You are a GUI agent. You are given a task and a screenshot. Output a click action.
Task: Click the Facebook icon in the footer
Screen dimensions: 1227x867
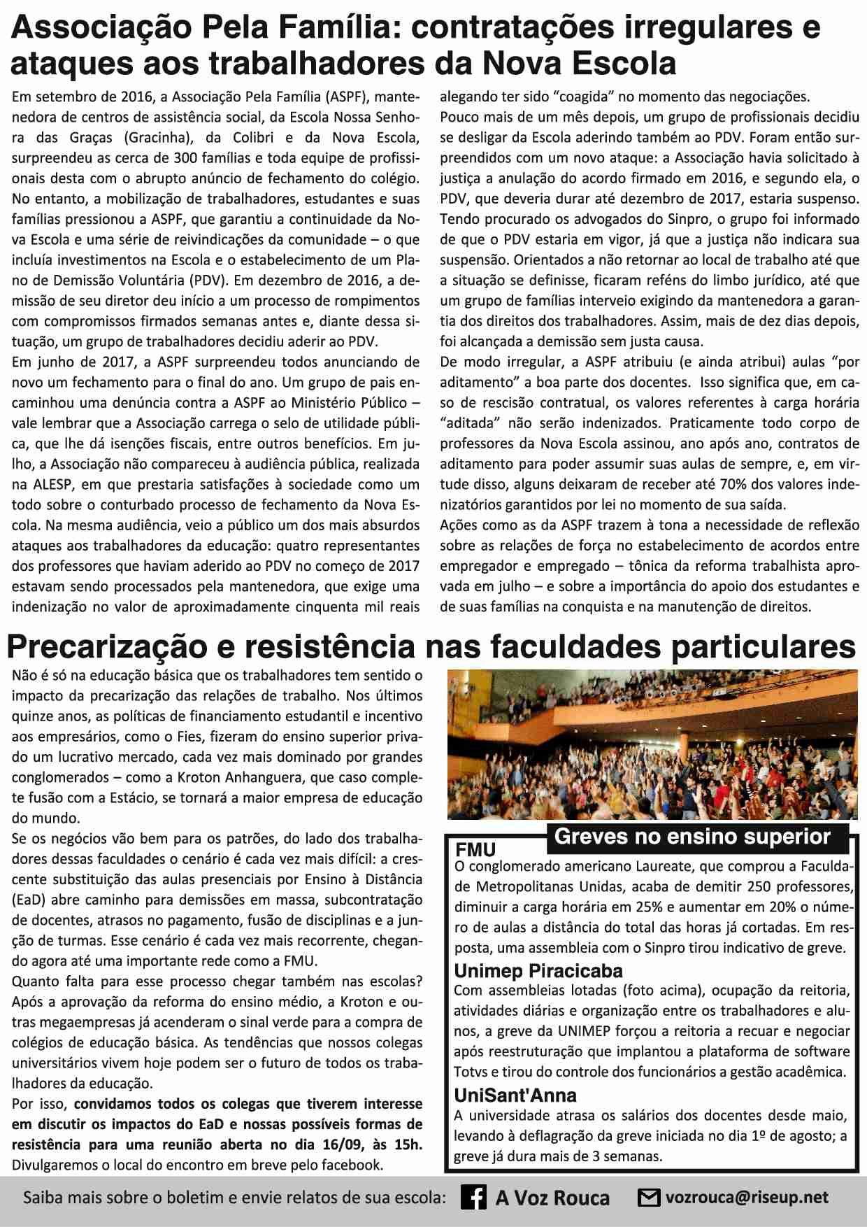pyautogui.click(x=473, y=1198)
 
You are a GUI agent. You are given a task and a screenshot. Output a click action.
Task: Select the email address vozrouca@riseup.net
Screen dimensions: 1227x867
pyautogui.click(x=747, y=1198)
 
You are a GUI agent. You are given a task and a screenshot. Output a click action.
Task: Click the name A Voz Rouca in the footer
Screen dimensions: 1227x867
pyautogui.click(x=552, y=1198)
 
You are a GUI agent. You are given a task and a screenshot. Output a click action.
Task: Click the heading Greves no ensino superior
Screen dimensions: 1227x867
pyautogui.click(x=692, y=837)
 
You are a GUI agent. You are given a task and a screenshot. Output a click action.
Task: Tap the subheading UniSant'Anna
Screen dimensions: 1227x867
pyautogui.click(x=515, y=1095)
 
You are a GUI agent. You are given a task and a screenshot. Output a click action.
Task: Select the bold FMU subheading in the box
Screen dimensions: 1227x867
pyautogui.click(x=475, y=850)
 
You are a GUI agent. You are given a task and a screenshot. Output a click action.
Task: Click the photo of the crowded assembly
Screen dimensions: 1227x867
pyautogui.click(x=652, y=744)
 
